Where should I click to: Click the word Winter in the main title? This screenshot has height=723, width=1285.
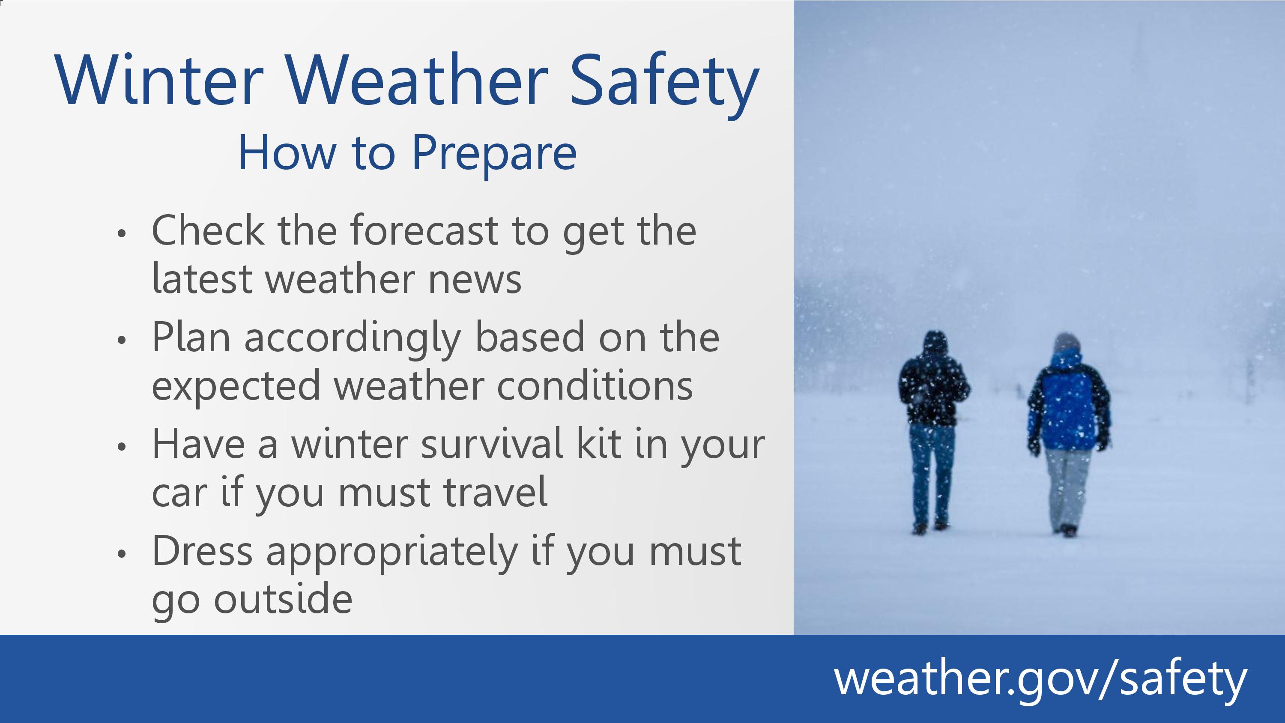pyautogui.click(x=159, y=80)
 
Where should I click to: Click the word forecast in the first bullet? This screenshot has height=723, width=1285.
pyautogui.click(x=424, y=230)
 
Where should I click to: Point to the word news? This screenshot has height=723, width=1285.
pyautogui.click(x=475, y=279)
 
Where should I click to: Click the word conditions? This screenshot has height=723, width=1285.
pyautogui.click(x=595, y=385)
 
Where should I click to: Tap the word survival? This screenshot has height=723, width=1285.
pyautogui.click(x=492, y=444)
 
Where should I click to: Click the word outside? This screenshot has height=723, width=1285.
pyautogui.click(x=283, y=599)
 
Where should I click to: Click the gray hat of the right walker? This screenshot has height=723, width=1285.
pyautogui.click(x=1067, y=341)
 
